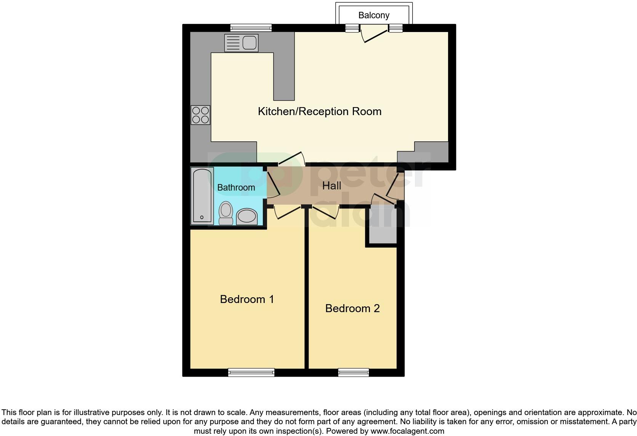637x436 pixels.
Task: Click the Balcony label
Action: (373, 15)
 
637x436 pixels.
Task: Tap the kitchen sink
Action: (241, 43)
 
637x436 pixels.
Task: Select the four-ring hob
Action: (200, 115)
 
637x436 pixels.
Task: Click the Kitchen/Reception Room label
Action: (319, 111)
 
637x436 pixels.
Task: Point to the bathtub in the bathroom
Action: (202, 196)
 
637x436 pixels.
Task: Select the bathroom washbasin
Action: (247, 217)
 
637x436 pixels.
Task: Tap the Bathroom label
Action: (236, 188)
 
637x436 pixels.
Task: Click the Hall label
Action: (331, 186)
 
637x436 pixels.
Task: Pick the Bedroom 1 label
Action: (247, 299)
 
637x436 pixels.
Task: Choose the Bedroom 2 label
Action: (352, 308)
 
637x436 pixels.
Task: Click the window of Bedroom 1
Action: (251, 372)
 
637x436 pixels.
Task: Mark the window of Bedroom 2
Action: (354, 372)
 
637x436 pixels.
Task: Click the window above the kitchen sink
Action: (251, 27)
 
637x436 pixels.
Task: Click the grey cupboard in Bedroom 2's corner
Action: (381, 226)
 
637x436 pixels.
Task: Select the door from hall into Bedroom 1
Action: (287, 212)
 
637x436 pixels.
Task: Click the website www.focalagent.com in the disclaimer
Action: (407, 431)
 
